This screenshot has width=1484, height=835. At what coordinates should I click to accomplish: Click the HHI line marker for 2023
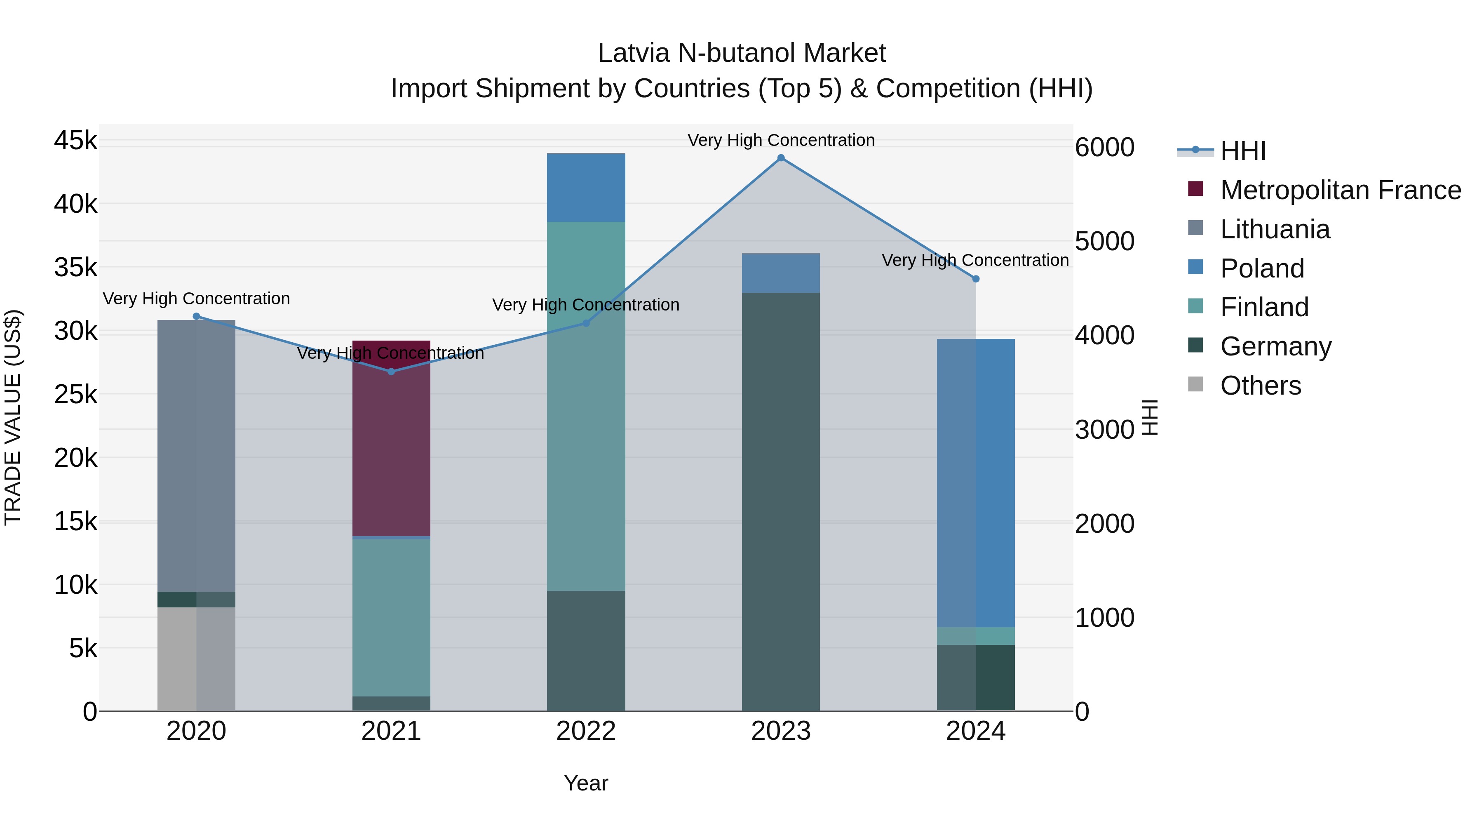pos(781,158)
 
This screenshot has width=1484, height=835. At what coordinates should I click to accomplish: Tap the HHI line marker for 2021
pos(391,372)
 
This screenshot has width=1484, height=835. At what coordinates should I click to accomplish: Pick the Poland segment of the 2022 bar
pos(586,188)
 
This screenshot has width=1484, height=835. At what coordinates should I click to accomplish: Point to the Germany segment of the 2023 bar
pos(781,501)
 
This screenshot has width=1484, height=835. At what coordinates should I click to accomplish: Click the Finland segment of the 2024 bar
pos(975,635)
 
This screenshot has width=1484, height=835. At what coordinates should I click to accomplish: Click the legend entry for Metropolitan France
pos(1340,190)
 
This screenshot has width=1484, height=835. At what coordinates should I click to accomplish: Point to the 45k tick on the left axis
pos(75,141)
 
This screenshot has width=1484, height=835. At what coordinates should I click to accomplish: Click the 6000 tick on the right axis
pos(1104,148)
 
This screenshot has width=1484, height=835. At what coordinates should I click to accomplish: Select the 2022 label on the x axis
pos(586,731)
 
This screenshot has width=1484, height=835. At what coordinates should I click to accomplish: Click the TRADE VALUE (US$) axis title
pos(13,417)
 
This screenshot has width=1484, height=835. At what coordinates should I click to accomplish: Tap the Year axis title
pos(586,783)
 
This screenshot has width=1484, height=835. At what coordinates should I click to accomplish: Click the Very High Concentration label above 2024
pos(975,261)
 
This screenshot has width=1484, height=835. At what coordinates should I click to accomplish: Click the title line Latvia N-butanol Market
pos(742,53)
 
